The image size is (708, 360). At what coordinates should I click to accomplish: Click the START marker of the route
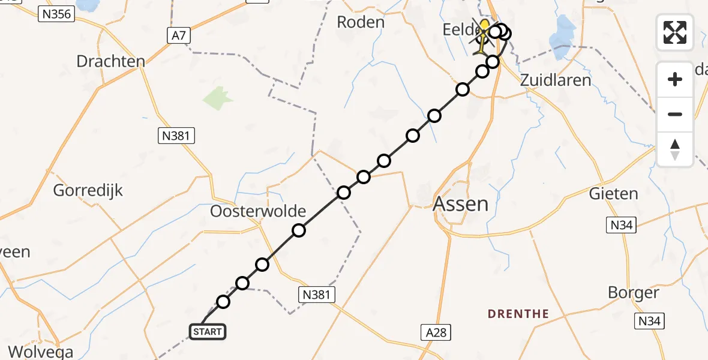[208, 331]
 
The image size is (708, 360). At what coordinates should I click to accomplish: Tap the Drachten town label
[111, 61]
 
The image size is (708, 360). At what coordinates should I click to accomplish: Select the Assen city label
[460, 204]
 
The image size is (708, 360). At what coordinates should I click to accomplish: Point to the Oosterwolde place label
[258, 211]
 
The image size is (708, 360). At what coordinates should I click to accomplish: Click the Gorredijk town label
[88, 191]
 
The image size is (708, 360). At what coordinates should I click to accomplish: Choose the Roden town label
[360, 22]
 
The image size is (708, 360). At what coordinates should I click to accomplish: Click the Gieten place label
[613, 194]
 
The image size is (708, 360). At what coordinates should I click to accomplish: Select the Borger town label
[634, 293]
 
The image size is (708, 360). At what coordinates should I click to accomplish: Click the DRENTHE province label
[518, 313]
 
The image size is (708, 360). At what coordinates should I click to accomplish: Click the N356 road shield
[56, 14]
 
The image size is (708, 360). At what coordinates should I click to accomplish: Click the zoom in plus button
[675, 79]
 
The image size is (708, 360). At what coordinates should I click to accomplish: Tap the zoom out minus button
[675, 114]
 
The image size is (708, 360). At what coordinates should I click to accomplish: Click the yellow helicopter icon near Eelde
[484, 30]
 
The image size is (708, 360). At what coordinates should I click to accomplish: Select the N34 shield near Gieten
[620, 225]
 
